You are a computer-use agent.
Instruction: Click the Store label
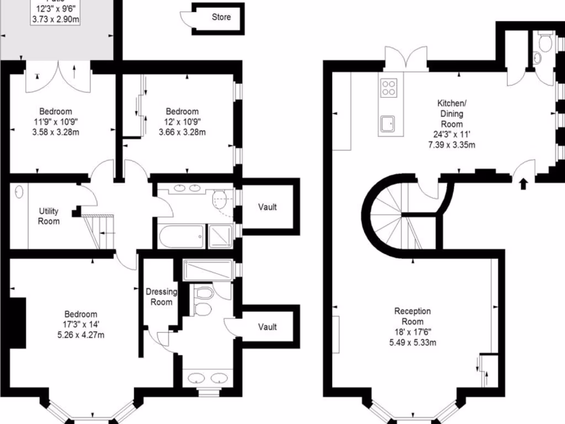pyautogui.click(x=221, y=17)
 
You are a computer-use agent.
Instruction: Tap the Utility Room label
pyautogui.click(x=49, y=216)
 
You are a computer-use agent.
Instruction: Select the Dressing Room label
pyautogui.click(x=161, y=296)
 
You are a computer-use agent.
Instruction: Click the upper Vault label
pyautogui.click(x=268, y=207)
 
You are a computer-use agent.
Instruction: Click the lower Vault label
pyautogui.click(x=268, y=327)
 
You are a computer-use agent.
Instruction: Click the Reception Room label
pyautogui.click(x=412, y=316)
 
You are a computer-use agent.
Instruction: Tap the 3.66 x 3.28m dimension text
pyautogui.click(x=182, y=132)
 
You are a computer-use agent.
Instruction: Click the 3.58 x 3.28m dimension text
pyautogui.click(x=56, y=132)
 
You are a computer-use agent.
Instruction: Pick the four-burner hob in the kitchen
pyautogui.click(x=388, y=88)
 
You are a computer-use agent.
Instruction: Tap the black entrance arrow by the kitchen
pyautogui.click(x=523, y=183)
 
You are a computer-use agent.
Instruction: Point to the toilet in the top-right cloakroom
pyautogui.click(x=545, y=43)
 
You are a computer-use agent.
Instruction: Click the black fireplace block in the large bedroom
pyautogui.click(x=18, y=323)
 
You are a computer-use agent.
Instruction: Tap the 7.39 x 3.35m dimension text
pyautogui.click(x=451, y=145)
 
